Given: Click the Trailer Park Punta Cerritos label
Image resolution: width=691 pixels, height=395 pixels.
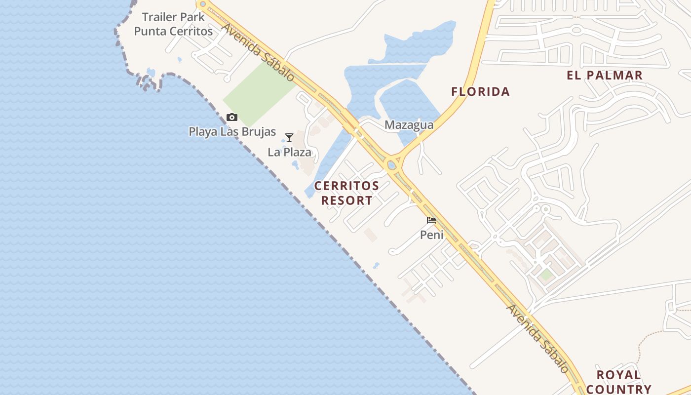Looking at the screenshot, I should [173, 24].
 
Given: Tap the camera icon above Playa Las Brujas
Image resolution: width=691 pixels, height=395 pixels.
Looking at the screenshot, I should [231, 118].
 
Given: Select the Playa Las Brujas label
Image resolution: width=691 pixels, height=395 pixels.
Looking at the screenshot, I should [232, 132].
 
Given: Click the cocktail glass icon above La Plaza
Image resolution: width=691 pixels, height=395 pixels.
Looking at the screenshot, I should [289, 138].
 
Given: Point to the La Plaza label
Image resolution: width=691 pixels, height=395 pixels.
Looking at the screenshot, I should [289, 152].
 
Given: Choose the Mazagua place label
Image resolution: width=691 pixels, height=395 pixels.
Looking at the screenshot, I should [409, 125].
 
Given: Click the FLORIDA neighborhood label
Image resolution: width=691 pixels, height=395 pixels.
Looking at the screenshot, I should [480, 91].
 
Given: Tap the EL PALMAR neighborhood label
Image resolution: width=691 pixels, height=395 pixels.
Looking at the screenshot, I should [604, 75].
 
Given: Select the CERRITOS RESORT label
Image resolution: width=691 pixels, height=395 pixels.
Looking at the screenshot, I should [346, 193].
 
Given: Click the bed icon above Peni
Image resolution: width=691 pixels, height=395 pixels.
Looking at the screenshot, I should [431, 220].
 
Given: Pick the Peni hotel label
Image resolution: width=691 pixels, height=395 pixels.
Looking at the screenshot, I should [431, 235].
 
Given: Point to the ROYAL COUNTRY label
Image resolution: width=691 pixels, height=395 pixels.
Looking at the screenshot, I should [618, 382].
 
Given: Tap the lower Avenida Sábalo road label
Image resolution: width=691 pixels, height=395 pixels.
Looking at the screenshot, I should [537, 338].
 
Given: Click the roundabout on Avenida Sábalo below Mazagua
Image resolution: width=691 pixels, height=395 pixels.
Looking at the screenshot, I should [392, 164].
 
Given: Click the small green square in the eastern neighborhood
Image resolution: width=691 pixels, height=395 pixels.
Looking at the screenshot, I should [546, 275].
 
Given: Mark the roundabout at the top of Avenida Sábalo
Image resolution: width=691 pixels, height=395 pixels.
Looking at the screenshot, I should [202, 4].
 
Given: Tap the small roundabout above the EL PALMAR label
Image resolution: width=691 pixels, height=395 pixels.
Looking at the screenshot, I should [576, 30].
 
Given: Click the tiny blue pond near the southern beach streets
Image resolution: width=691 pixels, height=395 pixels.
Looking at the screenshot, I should [376, 265].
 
